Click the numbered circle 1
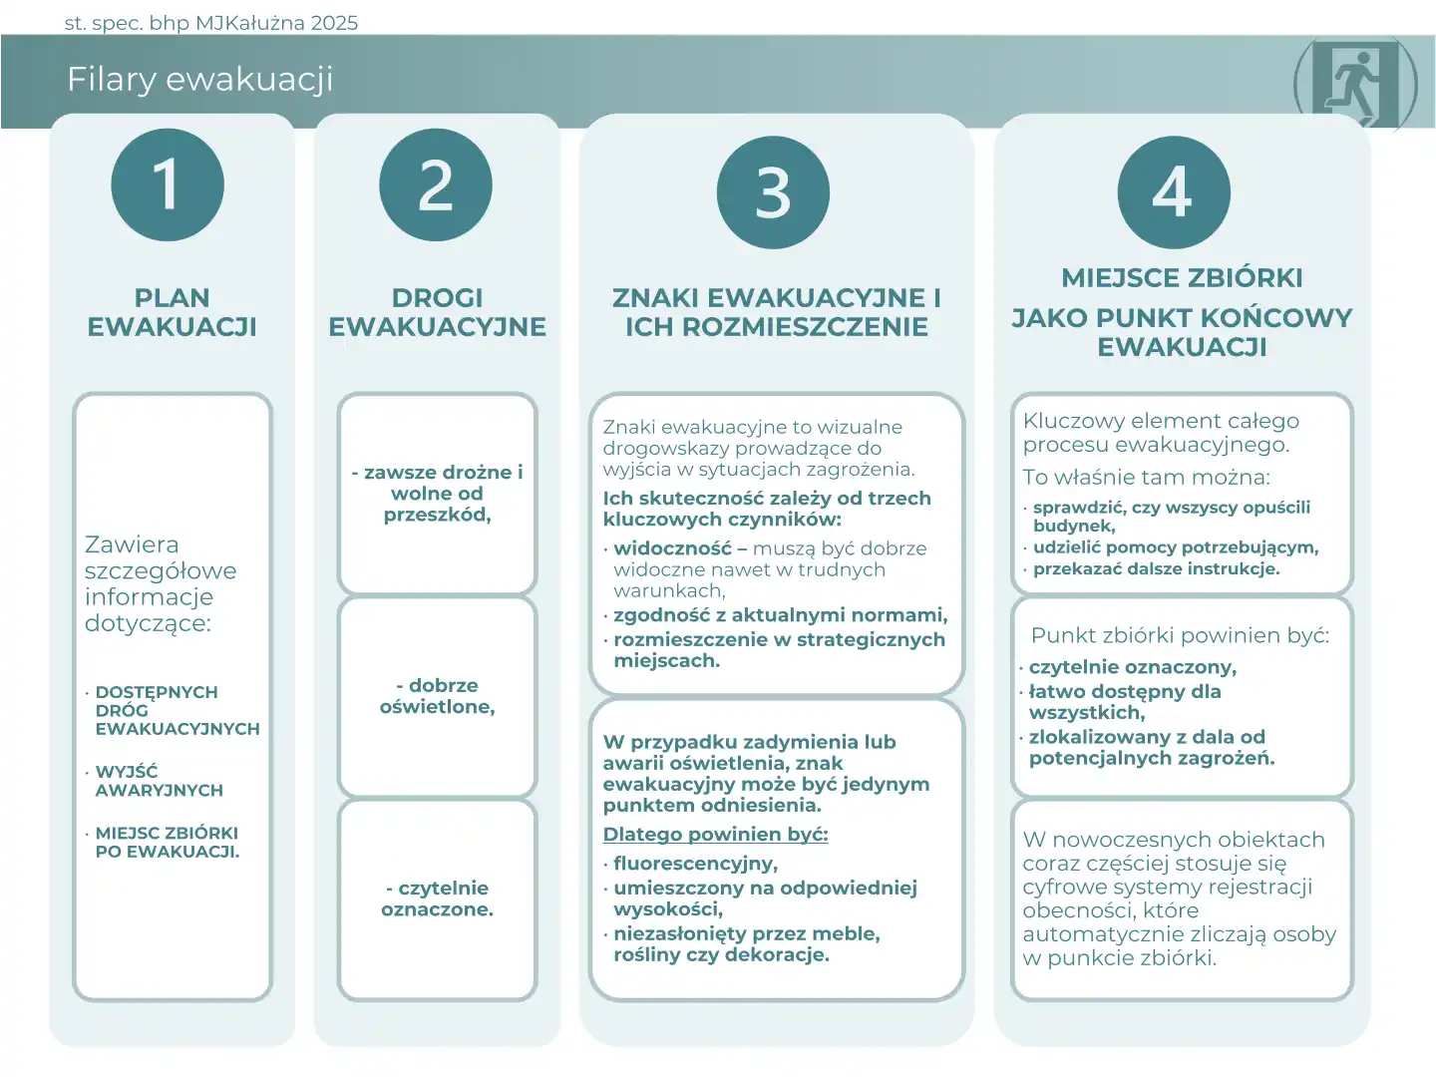[x=168, y=184]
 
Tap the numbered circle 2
[x=436, y=184]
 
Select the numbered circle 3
[x=773, y=192]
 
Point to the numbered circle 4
[x=1173, y=192]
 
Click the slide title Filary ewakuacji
[x=199, y=79]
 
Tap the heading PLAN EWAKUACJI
[x=172, y=312]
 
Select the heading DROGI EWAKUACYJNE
[x=437, y=312]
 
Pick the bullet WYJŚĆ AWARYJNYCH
[x=159, y=781]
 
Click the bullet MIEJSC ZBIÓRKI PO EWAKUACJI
[x=167, y=842]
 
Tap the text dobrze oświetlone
[x=437, y=696]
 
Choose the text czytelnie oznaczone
[x=437, y=898]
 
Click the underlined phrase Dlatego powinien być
[x=715, y=834]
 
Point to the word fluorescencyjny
[x=695, y=863]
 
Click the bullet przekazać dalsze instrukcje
[x=1156, y=568]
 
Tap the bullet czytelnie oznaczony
[x=1132, y=666]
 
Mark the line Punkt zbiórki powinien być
[x=1180, y=635]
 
